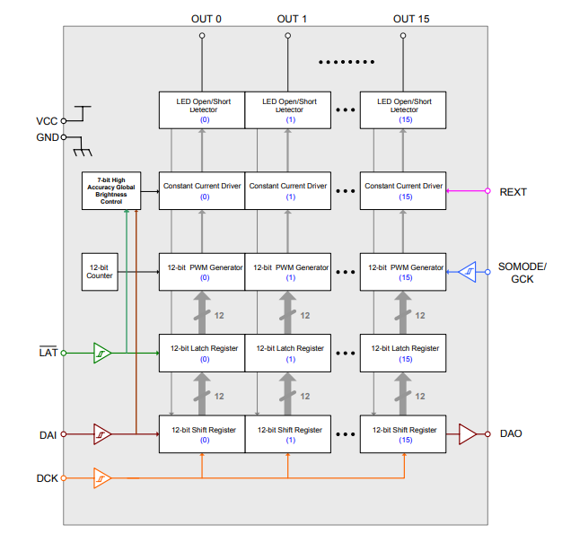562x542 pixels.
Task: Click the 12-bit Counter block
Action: pos(100,271)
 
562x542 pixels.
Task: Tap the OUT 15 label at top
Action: pos(411,19)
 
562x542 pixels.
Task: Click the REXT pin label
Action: pos(513,192)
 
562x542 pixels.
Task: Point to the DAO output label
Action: pos(511,434)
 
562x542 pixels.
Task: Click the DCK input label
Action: pos(48,478)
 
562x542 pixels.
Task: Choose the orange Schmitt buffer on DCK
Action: pos(102,478)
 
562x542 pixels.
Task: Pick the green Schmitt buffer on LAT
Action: pos(102,353)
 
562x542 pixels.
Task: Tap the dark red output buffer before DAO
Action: pos(468,434)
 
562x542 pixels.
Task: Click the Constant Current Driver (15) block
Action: pos(403,191)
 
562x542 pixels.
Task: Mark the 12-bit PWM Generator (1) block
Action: pos(289,272)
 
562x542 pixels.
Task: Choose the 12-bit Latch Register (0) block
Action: pos(202,353)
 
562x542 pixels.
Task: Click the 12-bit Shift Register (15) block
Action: pos(403,434)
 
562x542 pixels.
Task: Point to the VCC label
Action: pos(46,120)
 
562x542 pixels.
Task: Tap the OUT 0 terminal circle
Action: pos(202,36)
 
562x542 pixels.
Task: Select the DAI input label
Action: pos(48,434)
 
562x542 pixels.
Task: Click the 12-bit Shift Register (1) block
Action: pos(289,434)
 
